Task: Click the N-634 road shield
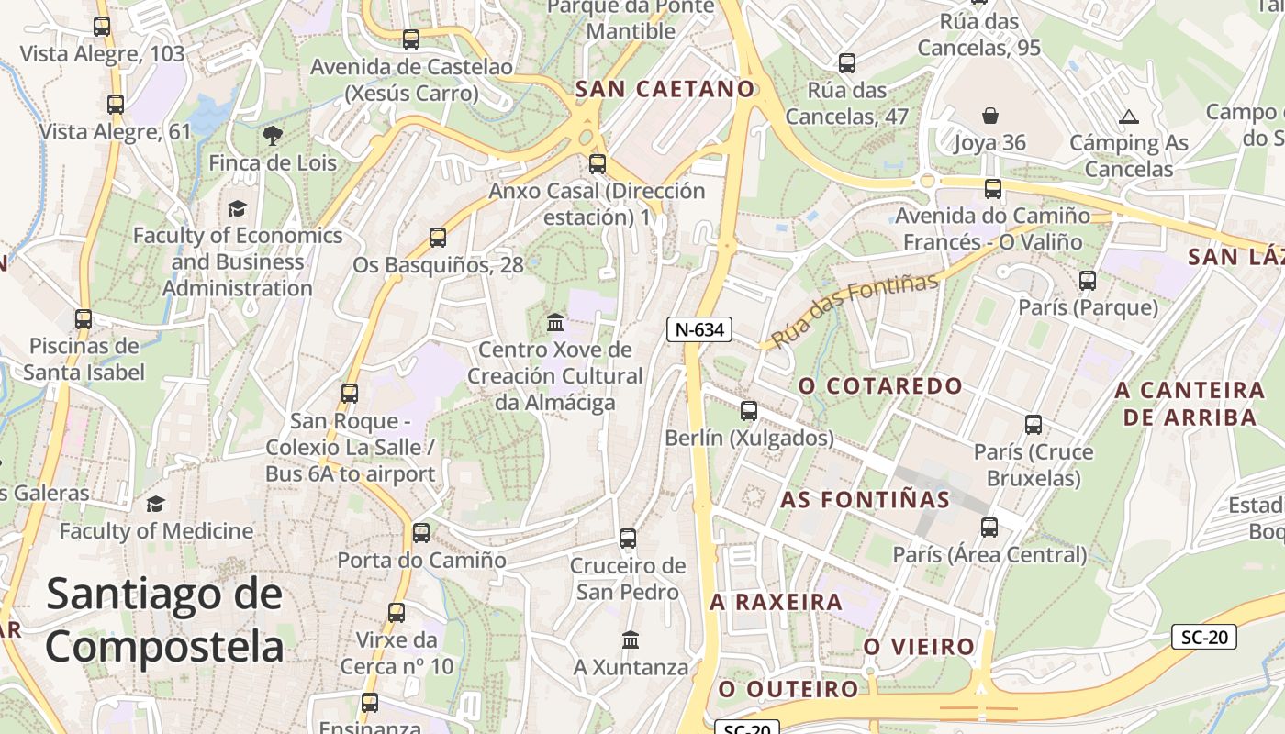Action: coord(698,329)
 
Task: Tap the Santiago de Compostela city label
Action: coord(165,619)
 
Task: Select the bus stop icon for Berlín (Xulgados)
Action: coord(749,410)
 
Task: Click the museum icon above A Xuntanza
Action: coord(631,639)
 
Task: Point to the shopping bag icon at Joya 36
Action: coord(990,116)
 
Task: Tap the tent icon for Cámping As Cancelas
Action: coord(1128,117)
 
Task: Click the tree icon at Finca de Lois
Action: coord(273,136)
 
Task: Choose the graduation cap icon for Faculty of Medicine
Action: coord(156,504)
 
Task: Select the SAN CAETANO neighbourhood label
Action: coord(665,89)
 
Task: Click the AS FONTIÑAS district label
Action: coord(865,500)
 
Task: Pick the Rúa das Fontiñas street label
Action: coord(855,310)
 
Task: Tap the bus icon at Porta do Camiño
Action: coord(421,532)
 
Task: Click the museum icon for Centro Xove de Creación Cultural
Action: coord(555,322)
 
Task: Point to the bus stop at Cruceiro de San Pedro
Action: coord(628,539)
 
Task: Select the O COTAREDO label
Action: coord(879,386)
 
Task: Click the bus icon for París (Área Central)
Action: coord(989,528)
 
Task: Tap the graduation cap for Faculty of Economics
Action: coord(238,208)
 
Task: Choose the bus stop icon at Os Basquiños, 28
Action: coord(438,238)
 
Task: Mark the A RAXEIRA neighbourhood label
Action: coord(776,603)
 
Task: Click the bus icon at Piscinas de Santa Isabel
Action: coord(84,319)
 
